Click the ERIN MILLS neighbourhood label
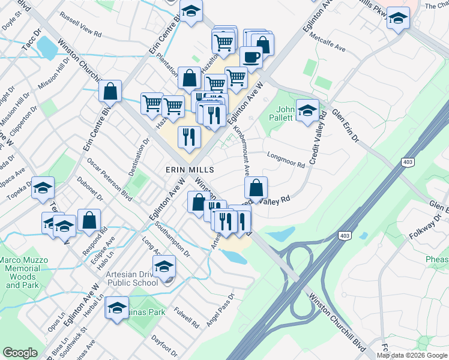[x=190, y=170]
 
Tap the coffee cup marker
[x=251, y=58]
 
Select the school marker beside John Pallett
[x=307, y=110]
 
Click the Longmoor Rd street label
[x=286, y=157]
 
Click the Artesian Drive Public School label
[x=131, y=278]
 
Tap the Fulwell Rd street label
[x=187, y=317]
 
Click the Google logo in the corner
[x=20, y=353]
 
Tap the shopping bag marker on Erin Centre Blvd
[x=110, y=91]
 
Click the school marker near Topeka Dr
[x=43, y=188]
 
